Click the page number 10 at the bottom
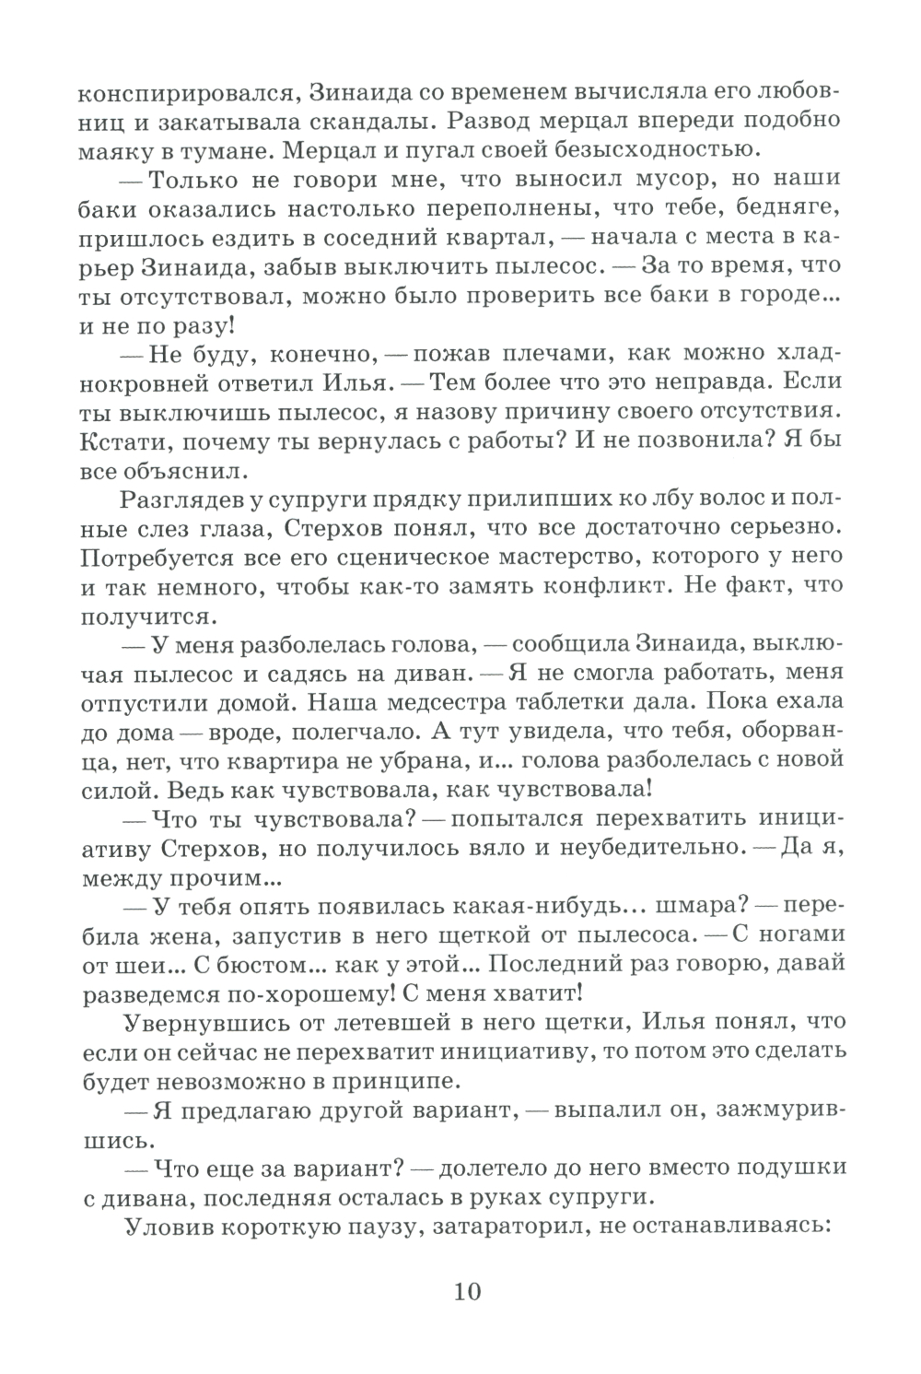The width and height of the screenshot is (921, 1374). pos(467,1290)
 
